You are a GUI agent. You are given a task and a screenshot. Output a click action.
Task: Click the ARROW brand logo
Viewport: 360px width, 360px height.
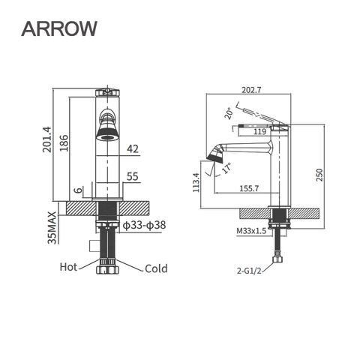pos(59,28)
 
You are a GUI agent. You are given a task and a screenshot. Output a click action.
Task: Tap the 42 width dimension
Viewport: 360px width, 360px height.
pos(133,149)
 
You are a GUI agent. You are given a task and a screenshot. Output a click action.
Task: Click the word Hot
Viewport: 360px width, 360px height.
pos(68,267)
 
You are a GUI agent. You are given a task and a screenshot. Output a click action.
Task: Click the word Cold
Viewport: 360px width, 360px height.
pos(156,268)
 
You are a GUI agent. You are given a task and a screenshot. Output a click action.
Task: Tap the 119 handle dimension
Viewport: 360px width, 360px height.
pos(262,132)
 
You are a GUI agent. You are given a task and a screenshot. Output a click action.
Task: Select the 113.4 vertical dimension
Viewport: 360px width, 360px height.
pos(196,183)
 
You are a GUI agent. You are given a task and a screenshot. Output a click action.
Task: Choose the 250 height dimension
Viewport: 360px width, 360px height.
pos(319,174)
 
